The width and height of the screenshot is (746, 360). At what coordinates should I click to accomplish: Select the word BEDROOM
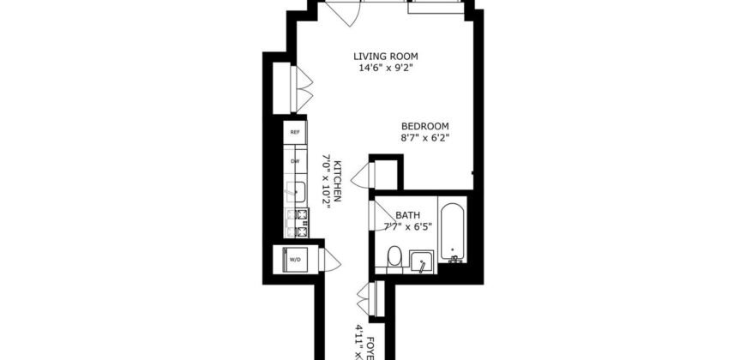425,125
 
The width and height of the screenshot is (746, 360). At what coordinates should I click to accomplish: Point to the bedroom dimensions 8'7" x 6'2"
425,137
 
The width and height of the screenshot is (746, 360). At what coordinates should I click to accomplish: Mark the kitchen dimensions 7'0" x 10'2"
326,180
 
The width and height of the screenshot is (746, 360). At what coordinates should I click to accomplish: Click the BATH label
407,214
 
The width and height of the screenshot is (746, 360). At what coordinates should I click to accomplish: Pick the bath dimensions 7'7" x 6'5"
407,226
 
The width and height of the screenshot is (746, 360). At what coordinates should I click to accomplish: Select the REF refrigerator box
295,132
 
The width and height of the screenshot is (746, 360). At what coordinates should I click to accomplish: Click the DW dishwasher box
295,160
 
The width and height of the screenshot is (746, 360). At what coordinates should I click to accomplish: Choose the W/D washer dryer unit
294,259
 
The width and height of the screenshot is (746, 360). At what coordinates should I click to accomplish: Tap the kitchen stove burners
300,223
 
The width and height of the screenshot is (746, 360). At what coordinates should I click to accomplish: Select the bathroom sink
422,261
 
